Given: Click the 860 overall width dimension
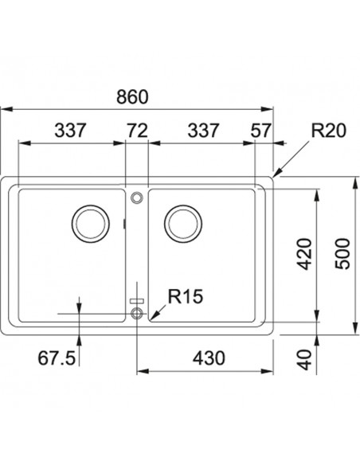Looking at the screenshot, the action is pyautogui.click(x=132, y=96).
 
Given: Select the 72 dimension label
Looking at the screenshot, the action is pyautogui.click(x=137, y=131).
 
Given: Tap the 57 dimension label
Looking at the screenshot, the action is pyautogui.click(x=260, y=131).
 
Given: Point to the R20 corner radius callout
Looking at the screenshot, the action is pyautogui.click(x=329, y=131).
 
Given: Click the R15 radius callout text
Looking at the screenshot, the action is pyautogui.click(x=186, y=296).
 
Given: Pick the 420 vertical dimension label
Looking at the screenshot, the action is pyautogui.click(x=305, y=254).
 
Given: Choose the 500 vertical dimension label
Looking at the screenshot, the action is pyautogui.click(x=342, y=254).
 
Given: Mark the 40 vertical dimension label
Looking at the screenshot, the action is pyautogui.click(x=305, y=360).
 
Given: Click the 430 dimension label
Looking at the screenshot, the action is pyautogui.click(x=209, y=358).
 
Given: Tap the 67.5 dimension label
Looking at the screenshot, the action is pyautogui.click(x=57, y=358).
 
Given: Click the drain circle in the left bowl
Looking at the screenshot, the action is pyautogui.click(x=91, y=223).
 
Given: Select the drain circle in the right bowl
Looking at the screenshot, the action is pyautogui.click(x=183, y=223).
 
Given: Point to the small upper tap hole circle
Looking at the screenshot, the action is pyautogui.click(x=137, y=197).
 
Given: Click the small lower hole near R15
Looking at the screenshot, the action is pyautogui.click(x=137, y=313).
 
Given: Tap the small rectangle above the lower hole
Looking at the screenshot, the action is pyautogui.click(x=137, y=301).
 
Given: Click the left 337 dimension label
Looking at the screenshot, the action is pyautogui.click(x=70, y=131).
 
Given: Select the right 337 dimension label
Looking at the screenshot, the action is pyautogui.click(x=203, y=131).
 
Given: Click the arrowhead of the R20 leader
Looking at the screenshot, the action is pyautogui.click(x=275, y=176).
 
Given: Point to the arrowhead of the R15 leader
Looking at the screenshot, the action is pyautogui.click(x=151, y=319).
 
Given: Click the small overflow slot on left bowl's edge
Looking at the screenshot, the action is pyautogui.click(x=124, y=224).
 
